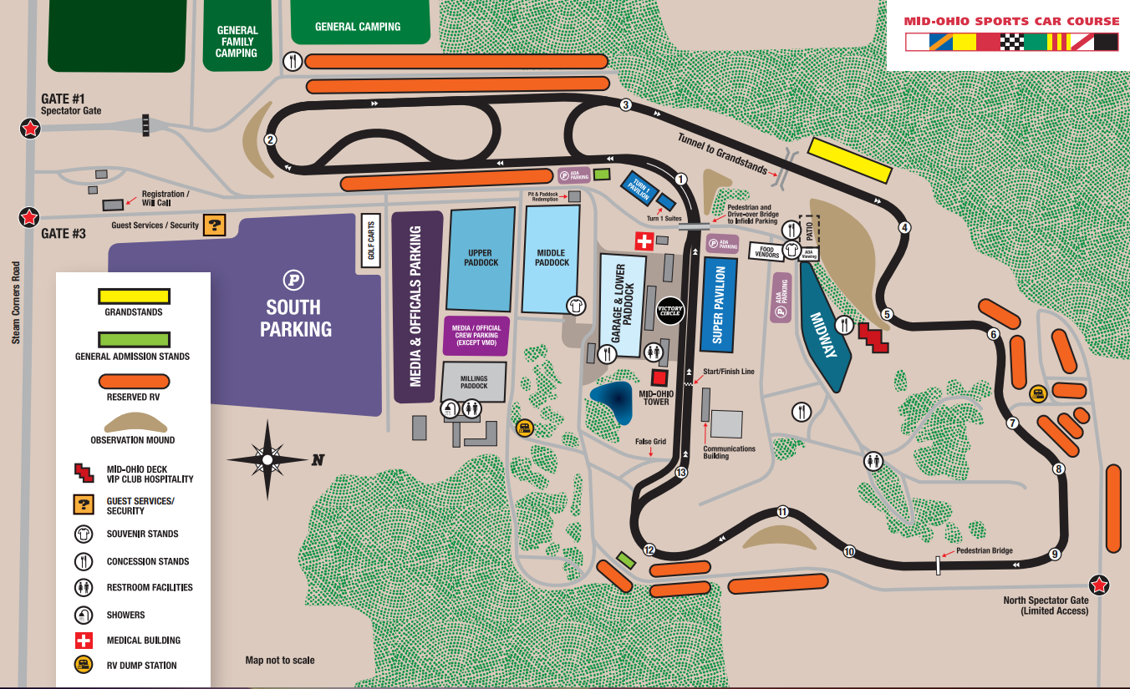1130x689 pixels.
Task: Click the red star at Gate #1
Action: tap(30, 129)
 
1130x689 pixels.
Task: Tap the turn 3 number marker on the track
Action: tap(625, 104)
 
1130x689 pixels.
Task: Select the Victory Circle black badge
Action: tap(670, 310)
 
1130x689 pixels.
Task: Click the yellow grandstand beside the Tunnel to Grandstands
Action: tap(849, 160)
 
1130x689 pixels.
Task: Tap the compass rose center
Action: tap(267, 459)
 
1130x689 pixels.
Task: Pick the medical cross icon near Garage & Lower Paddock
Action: tap(644, 241)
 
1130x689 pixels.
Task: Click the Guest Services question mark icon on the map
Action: tap(215, 225)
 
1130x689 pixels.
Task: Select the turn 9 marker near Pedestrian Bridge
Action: tap(1055, 554)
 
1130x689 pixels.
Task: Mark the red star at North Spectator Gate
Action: tap(1100, 585)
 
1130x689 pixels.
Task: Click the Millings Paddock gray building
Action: tap(474, 382)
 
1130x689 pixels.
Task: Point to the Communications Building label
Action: tap(729, 452)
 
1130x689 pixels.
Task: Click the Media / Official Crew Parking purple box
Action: tap(476, 336)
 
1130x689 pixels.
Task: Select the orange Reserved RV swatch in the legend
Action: tap(134, 382)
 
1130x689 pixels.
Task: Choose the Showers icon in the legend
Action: tap(84, 614)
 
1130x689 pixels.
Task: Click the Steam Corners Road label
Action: tap(15, 303)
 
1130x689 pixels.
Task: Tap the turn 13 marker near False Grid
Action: tap(680, 473)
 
